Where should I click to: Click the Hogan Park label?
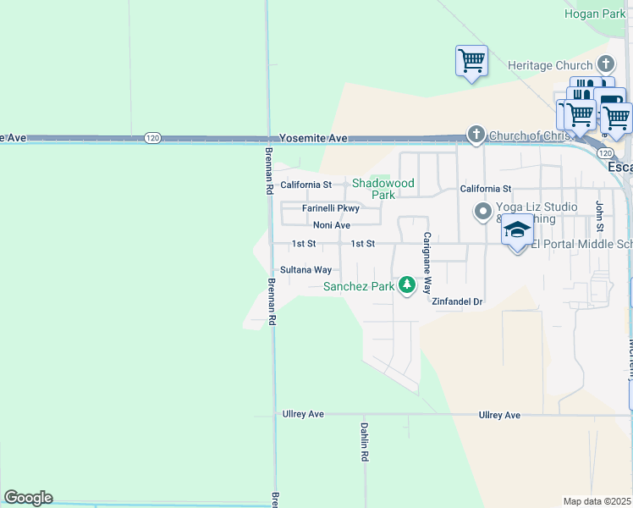tap(594, 14)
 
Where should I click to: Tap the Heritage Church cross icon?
tap(605, 64)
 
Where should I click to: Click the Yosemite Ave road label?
tap(314, 138)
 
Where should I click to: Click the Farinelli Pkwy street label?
tap(331, 208)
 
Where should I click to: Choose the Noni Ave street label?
tap(331, 225)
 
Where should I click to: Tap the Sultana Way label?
tap(305, 270)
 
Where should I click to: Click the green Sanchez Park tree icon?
tap(407, 285)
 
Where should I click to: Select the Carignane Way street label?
tap(428, 262)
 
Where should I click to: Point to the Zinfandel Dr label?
tap(456, 301)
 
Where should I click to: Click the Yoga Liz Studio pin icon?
tap(483, 212)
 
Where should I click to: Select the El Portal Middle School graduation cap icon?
tap(517, 229)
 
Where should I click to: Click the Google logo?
tap(28, 498)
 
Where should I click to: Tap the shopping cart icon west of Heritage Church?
tap(471, 61)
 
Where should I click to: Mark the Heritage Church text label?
tap(550, 65)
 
